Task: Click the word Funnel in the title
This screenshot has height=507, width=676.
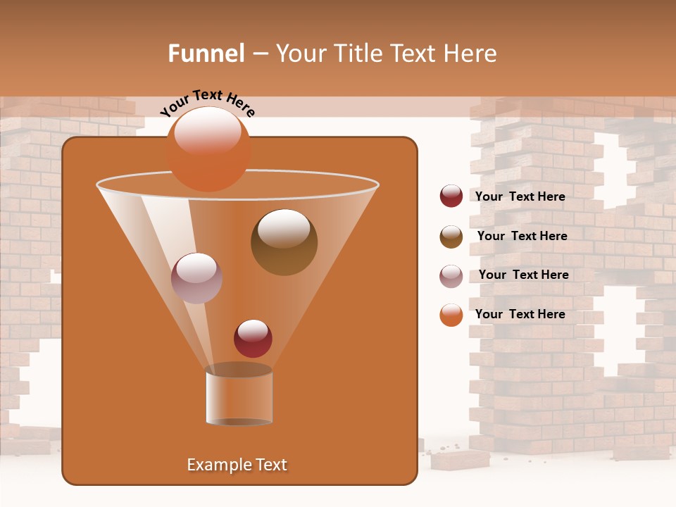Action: pos(206,54)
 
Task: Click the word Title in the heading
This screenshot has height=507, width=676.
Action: pos(356,54)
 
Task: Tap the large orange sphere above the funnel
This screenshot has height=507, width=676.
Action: pos(208,149)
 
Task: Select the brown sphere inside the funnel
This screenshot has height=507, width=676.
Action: pos(284,242)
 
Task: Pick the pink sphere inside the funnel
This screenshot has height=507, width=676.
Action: pos(196,277)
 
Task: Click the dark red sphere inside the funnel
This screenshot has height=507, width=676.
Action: pos(253,338)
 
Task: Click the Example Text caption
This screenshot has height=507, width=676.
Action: pos(237,465)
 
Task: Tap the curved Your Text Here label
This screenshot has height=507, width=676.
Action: pos(207,103)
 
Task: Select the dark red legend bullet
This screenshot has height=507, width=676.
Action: pos(451,196)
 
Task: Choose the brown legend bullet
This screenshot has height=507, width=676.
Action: pos(451,237)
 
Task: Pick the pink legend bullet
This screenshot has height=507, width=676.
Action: pos(451,276)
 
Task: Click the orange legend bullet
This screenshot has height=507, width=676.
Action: pos(451,315)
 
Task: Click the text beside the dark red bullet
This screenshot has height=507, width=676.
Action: pos(520,196)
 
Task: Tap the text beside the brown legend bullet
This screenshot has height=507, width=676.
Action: pos(522,236)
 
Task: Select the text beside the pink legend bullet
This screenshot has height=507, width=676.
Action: pos(523,275)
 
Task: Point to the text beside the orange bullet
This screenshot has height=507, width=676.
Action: pos(520,314)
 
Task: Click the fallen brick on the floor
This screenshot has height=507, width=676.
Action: pos(461,459)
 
